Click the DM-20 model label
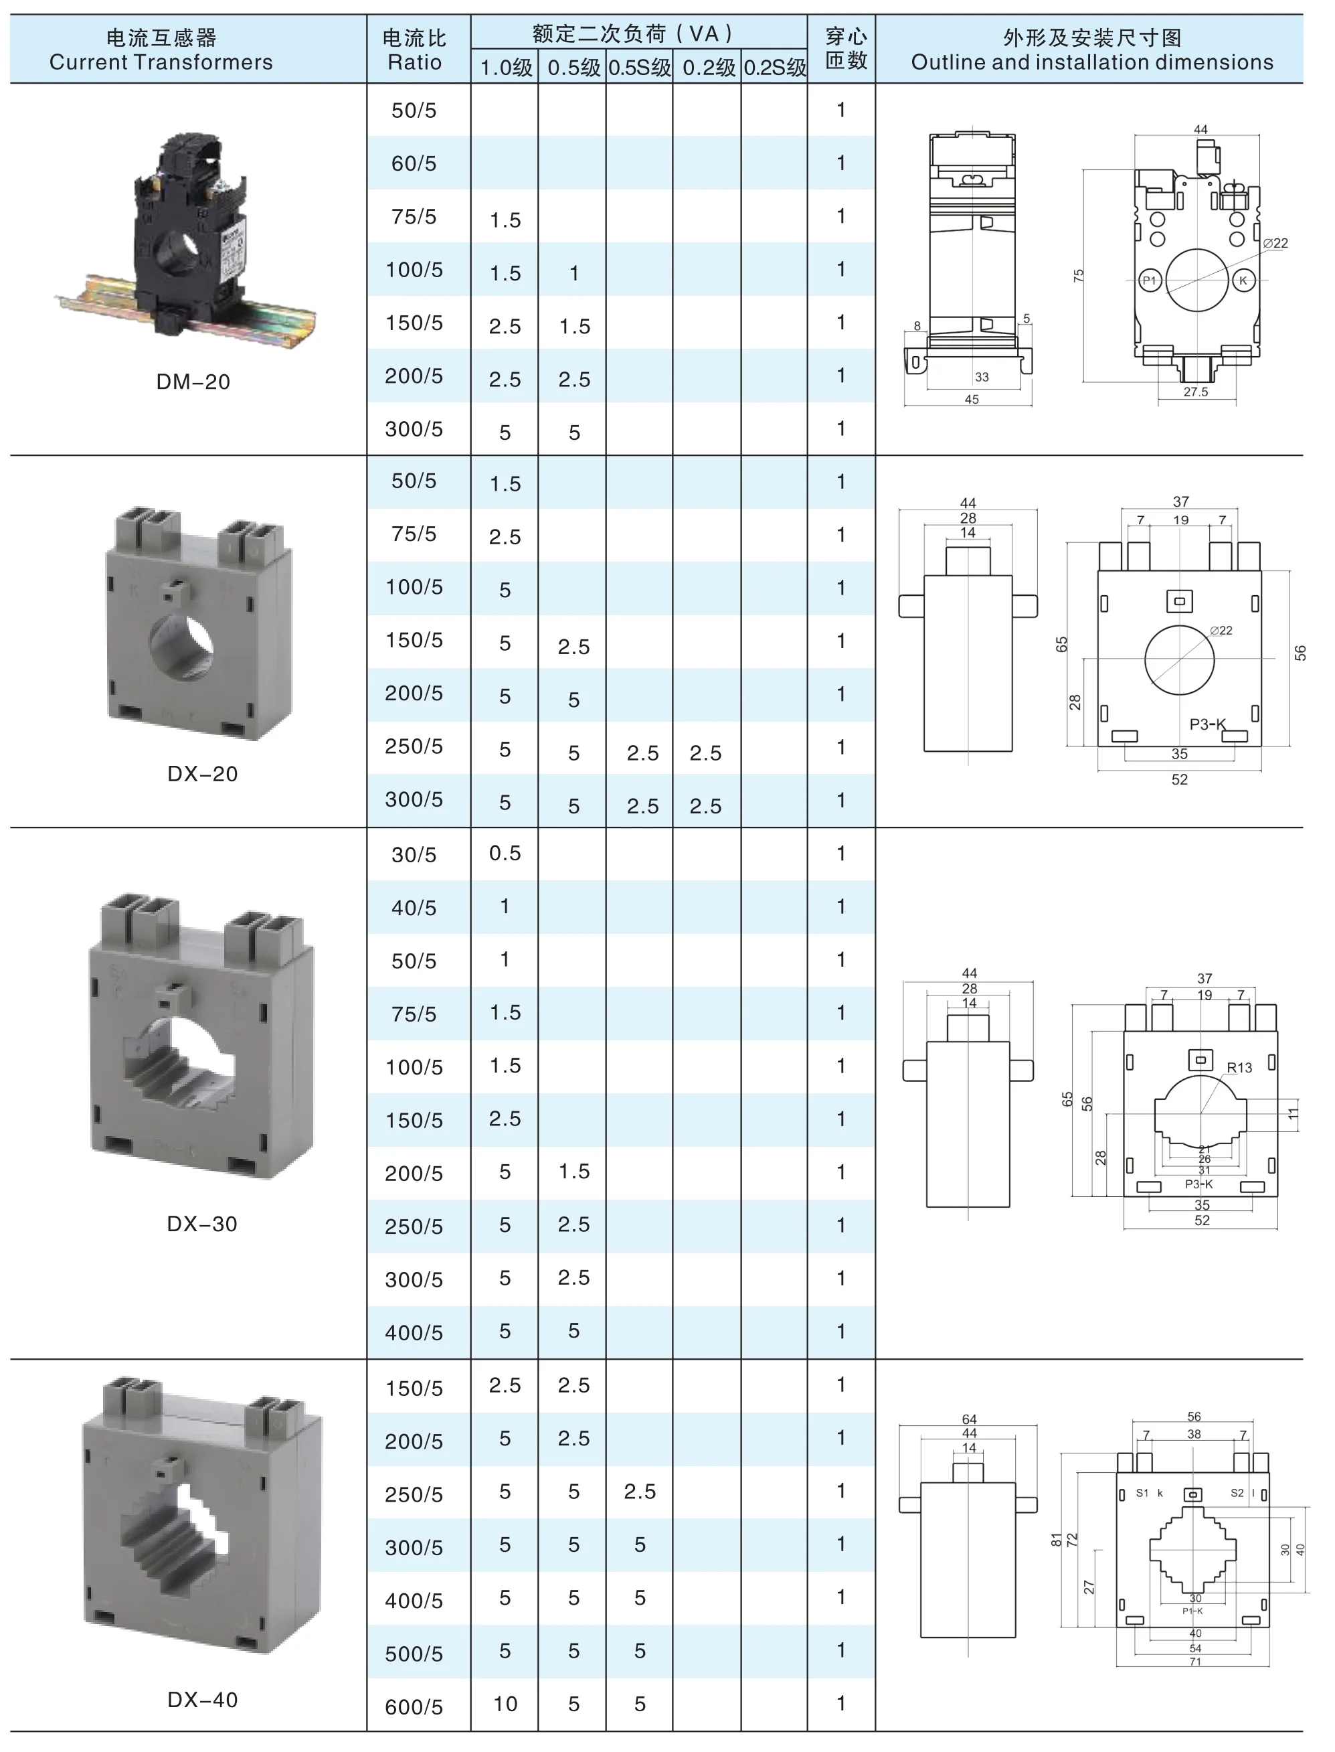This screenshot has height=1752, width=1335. [x=193, y=382]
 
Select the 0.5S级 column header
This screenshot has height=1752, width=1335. [x=640, y=68]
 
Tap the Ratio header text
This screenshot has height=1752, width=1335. [x=414, y=63]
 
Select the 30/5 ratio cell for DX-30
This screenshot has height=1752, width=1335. [x=414, y=856]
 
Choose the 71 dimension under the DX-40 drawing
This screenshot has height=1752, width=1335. [x=1195, y=1663]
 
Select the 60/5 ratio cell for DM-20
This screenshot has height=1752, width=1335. [x=414, y=164]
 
